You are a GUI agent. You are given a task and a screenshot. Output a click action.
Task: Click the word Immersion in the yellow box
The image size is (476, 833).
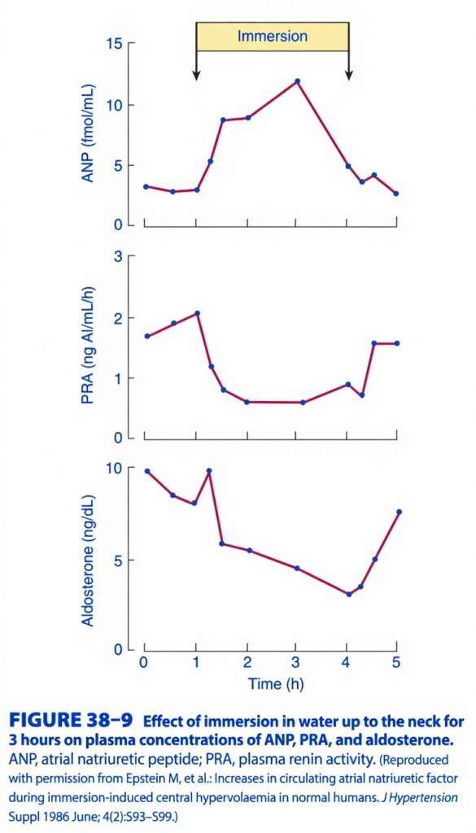click(x=272, y=37)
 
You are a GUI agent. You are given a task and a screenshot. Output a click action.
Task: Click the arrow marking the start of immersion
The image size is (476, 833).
click(x=196, y=65)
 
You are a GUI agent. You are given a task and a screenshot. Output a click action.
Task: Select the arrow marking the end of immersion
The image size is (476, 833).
click(x=348, y=65)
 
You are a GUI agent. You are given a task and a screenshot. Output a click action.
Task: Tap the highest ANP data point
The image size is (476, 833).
click(x=298, y=81)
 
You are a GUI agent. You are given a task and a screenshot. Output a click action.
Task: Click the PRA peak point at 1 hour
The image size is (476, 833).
click(x=198, y=313)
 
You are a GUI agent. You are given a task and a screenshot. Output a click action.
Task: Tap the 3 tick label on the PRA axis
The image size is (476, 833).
click(x=119, y=257)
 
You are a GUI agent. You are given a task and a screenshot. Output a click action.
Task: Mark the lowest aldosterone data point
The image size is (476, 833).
click(x=349, y=594)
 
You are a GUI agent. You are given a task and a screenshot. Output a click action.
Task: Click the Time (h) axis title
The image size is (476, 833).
click(x=276, y=683)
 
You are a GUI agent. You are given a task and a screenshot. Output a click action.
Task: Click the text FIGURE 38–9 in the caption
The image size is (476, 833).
click(x=72, y=722)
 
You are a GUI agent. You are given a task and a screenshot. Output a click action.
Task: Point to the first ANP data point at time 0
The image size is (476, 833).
click(x=146, y=186)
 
